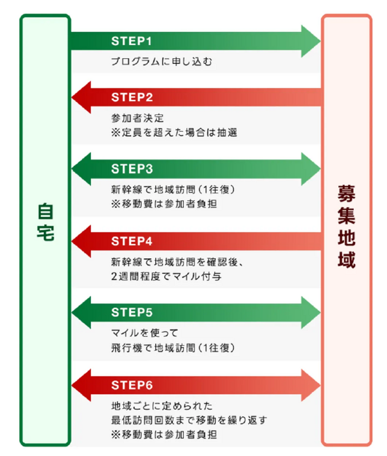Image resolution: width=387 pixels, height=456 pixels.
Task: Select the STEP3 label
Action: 132,169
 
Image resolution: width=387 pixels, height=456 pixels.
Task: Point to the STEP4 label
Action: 132,241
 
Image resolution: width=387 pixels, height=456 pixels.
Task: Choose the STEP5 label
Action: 132,313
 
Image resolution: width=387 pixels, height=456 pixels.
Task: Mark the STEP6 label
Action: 132,385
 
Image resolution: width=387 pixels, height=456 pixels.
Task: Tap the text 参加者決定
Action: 138,119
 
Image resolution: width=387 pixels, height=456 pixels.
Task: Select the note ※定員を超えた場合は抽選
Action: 174,133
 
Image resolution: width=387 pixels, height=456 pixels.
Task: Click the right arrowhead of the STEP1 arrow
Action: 311,41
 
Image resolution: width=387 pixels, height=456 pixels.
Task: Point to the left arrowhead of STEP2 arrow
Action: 80,96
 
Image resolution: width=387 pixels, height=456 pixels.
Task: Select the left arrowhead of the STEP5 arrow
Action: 80,313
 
